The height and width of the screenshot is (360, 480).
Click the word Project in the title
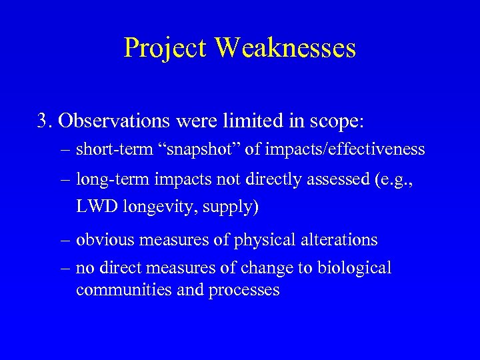pos(165,48)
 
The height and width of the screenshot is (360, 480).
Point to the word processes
pos(243,291)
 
